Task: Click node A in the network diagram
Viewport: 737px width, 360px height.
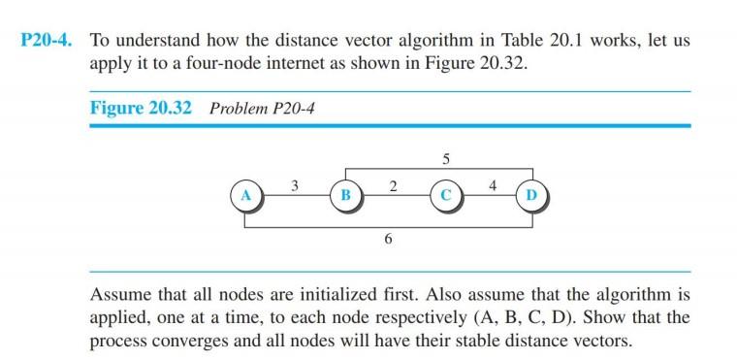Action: click(244, 195)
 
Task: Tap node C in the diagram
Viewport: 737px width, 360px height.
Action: click(445, 195)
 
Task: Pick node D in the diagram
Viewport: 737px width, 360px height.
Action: click(530, 195)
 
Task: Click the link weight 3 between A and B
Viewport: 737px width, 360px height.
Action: click(294, 185)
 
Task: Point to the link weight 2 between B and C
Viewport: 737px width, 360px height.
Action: click(393, 185)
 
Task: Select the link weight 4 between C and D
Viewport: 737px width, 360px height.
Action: click(493, 185)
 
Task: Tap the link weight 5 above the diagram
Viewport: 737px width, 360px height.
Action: click(445, 158)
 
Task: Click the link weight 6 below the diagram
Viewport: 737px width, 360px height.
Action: click(388, 240)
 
